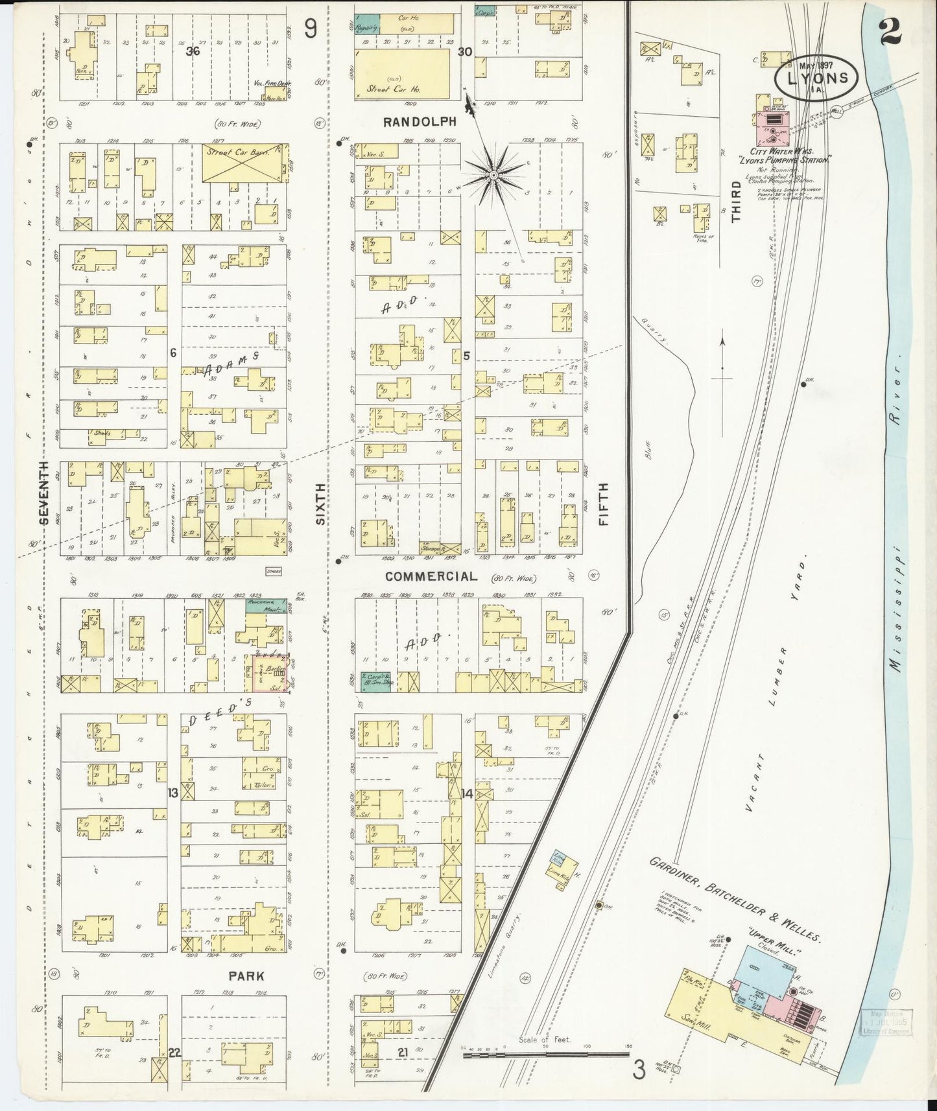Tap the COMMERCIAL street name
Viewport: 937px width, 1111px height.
tap(430, 576)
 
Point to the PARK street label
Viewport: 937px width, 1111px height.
tap(246, 976)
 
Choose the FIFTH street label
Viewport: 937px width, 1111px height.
tap(603, 504)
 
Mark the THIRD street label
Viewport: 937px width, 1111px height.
tap(736, 202)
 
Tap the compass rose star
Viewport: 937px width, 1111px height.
tap(493, 174)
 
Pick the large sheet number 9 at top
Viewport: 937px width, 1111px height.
tap(311, 29)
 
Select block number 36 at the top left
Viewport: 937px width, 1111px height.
tap(191, 51)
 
